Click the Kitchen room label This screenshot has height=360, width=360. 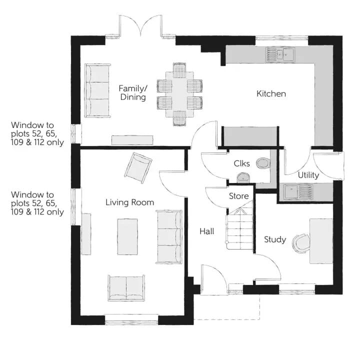271,93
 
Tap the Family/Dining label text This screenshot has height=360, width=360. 133,93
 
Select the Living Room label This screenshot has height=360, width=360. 129,202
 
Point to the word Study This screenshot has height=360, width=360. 275,239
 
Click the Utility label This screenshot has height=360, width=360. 308,175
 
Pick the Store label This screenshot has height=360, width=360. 239,196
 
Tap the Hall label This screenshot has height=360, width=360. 207,231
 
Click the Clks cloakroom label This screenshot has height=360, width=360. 242,163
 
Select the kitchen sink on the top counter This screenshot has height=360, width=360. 280,55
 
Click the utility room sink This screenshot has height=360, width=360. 298,191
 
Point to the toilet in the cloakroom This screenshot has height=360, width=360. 263,163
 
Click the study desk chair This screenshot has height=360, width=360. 301,243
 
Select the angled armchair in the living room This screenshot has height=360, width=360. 138,168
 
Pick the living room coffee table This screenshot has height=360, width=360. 127,236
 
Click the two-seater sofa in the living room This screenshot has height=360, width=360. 126,288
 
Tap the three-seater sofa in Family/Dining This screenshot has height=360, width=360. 97,90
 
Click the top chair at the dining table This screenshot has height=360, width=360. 179,70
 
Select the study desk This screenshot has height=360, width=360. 321,241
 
